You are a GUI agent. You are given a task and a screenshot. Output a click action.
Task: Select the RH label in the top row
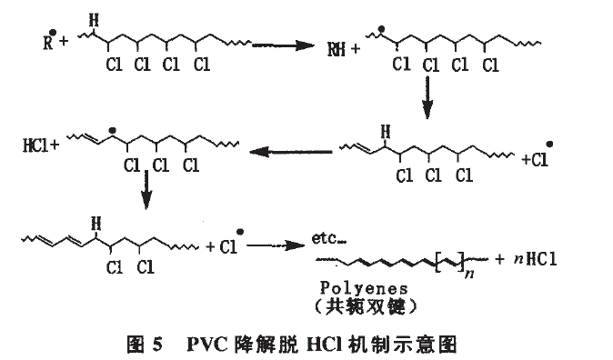tap(337, 50)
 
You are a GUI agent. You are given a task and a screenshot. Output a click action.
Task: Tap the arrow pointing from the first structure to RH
tap(283, 45)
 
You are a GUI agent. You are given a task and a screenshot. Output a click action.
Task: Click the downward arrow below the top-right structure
tap(427, 97)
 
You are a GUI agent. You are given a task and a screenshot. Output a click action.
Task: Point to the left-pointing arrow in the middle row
tap(291, 151)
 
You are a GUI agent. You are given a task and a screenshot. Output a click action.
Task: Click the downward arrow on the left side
tap(146, 189)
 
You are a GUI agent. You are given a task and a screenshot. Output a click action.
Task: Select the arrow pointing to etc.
tap(276, 245)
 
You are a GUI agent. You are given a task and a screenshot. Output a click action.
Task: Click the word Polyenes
tap(364, 288)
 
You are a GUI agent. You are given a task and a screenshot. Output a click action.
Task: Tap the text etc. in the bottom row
tap(329, 238)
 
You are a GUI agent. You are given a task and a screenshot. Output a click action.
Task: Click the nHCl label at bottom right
tap(535, 259)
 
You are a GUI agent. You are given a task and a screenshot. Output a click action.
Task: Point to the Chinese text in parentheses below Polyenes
tap(365, 307)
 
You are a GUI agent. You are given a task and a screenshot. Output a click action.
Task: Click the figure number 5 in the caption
tap(156, 345)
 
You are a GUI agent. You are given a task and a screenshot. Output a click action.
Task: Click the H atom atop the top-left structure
tap(94, 20)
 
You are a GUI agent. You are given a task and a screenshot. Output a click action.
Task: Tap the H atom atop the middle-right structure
tap(386, 132)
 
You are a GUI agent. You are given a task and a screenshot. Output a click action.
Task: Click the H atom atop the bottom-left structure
tap(95, 224)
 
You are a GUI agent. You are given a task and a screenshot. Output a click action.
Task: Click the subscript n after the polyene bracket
tap(469, 274)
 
